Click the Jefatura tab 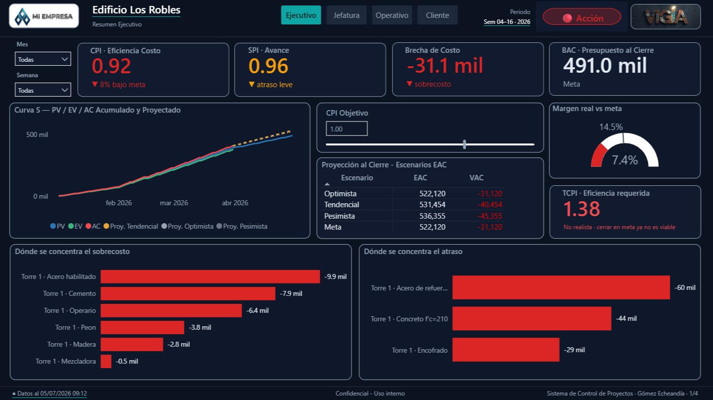[347, 15]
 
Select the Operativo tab [392, 15]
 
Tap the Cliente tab [437, 15]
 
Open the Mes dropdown [43, 59]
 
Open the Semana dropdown [43, 90]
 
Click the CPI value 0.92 [111, 66]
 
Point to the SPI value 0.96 [268, 66]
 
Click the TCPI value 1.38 [582, 209]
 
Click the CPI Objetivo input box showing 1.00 [347, 129]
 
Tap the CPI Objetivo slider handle [465, 144]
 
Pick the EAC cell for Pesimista [432, 216]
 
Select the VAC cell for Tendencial [490, 204]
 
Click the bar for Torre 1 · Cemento [188, 293]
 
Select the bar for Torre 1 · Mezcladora [106, 362]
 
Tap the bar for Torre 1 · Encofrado [506, 350]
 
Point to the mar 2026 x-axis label [174, 203]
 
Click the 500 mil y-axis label [37, 134]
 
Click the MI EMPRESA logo [44, 16]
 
